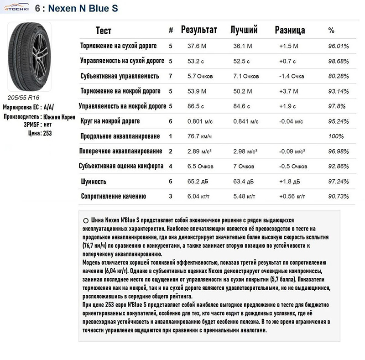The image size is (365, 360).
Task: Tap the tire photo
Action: [29, 57]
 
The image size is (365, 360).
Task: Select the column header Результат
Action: [199, 30]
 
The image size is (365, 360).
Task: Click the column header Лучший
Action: [244, 30]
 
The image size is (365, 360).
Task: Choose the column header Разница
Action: [290, 31]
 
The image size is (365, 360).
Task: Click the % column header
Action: [331, 31]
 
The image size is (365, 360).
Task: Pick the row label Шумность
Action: [94, 182]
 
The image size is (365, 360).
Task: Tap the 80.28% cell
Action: [339, 76]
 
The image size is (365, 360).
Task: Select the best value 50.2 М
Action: [243, 91]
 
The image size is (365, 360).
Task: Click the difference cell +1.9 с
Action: [287, 106]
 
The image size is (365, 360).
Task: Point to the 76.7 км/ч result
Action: [200, 136]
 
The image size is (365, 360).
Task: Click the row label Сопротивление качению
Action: [113, 197]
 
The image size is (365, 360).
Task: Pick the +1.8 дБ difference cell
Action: [289, 182]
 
